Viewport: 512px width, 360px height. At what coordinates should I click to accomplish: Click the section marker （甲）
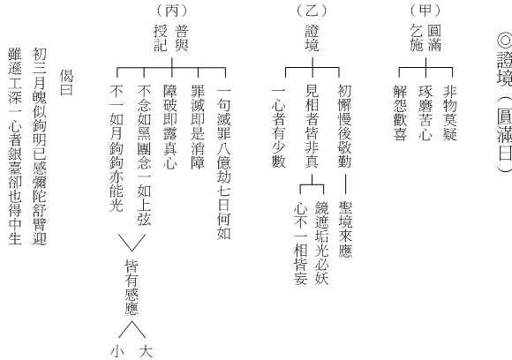[425, 11]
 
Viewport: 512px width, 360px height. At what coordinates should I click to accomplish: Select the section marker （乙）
[312, 11]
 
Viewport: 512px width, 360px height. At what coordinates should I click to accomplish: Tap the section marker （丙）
[172, 11]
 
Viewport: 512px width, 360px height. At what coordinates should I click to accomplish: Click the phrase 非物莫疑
[449, 113]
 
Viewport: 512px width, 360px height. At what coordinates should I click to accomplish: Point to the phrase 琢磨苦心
[425, 113]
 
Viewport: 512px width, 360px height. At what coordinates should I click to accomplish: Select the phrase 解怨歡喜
[400, 113]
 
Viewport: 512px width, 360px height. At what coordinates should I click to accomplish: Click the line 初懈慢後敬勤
[344, 126]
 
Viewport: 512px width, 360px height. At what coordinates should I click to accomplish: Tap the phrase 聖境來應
[345, 229]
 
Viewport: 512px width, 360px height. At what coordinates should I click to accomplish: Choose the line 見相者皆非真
[312, 126]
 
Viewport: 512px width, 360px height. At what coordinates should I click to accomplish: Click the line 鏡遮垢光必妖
[321, 243]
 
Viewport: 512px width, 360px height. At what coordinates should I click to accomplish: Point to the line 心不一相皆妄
[301, 243]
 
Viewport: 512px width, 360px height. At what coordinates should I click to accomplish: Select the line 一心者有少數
[279, 127]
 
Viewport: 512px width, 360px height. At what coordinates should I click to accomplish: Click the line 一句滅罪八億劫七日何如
[224, 162]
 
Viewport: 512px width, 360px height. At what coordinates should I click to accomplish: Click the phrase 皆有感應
[132, 287]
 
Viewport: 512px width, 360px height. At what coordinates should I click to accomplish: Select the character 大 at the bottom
[146, 351]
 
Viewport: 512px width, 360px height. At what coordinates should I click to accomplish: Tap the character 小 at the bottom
[117, 351]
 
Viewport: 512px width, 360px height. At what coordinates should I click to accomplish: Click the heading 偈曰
[66, 82]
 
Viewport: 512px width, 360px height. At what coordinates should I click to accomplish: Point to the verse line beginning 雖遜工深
[15, 146]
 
